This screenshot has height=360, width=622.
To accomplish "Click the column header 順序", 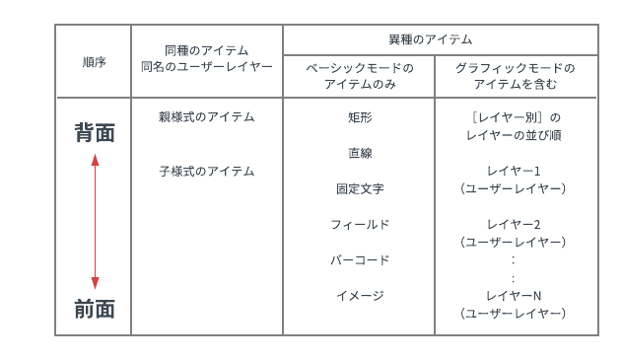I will [95, 61].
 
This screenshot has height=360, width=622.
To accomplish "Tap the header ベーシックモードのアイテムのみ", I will [359, 76].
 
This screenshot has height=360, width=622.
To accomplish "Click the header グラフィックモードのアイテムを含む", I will [516, 76].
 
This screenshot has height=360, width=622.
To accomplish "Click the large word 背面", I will [95, 133].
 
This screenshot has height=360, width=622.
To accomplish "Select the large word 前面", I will [95, 309].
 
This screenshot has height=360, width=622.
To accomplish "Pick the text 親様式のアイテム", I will [206, 116].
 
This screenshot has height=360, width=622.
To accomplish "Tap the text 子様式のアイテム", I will [206, 171].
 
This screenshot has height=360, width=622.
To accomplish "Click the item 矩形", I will [359, 117].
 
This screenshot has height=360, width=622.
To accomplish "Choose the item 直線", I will [359, 153].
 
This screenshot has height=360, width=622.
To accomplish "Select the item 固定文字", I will [359, 188].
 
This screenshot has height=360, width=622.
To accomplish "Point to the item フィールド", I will [359, 224].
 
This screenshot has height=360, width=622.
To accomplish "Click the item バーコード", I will [359, 259].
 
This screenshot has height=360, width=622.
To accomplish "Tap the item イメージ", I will [359, 295].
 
